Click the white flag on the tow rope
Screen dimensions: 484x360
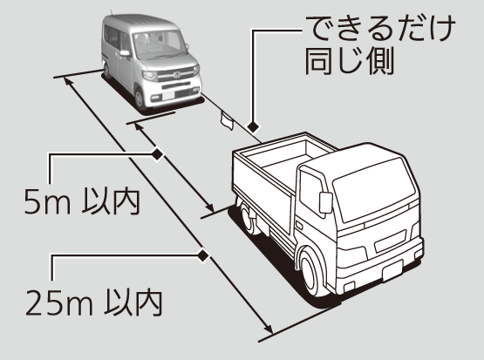coord(227,121)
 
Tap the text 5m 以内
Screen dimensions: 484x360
coord(82,202)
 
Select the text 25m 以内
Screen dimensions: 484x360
coord(94,302)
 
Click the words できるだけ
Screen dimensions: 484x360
coord(380,29)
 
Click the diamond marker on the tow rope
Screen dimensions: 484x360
coord(254,126)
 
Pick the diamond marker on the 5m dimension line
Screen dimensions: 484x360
coord(158,154)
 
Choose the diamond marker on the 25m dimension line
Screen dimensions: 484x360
coord(203,255)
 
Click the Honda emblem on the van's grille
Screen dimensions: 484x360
coord(177,75)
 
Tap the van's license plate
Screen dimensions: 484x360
coord(169,96)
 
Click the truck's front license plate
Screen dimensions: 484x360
coord(392,270)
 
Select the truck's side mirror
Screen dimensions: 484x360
coord(325,202)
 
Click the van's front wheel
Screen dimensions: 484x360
coord(140,98)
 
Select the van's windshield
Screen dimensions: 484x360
coord(160,44)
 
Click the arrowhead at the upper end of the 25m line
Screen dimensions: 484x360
coord(68,81)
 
